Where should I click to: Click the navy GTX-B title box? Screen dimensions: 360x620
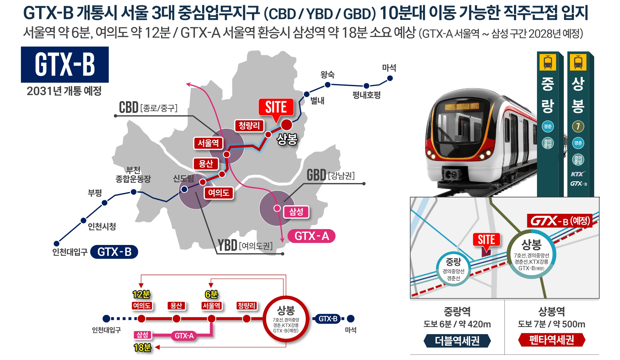(65, 64)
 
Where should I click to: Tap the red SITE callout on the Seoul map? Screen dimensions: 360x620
(276, 107)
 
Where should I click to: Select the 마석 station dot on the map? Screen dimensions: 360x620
(390, 78)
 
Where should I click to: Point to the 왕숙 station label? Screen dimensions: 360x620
(327, 75)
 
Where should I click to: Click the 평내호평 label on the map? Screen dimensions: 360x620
(366, 95)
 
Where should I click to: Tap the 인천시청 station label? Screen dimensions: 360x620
(102, 226)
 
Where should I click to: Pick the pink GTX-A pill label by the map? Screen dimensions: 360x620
(312, 236)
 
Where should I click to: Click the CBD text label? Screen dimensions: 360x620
(129, 108)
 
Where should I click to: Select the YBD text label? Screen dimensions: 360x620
(227, 245)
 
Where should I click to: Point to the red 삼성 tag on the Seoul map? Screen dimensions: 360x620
(296, 212)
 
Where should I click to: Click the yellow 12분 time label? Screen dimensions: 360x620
(141, 294)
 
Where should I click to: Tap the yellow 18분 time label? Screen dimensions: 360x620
(142, 348)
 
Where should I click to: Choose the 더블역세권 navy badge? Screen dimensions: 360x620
(457, 341)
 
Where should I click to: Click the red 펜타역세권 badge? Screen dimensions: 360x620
(552, 340)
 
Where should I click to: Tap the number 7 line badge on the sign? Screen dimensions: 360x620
(578, 126)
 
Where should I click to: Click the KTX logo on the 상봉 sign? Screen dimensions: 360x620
(578, 174)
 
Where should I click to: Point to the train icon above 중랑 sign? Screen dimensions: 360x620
(548, 62)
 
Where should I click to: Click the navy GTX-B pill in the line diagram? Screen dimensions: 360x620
(328, 319)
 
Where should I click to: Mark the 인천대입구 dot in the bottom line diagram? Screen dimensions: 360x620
(106, 319)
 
